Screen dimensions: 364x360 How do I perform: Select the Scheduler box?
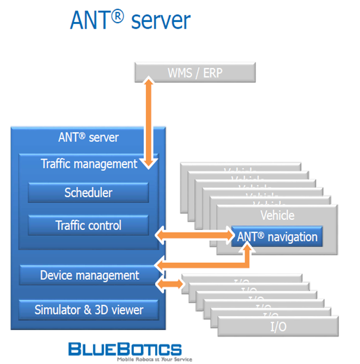click(88, 192)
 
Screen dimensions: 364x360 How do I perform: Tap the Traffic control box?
click(88, 225)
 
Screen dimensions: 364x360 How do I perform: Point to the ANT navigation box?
click(277, 237)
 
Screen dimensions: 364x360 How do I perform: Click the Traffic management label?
click(89, 163)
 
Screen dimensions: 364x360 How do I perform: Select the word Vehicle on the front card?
click(277, 215)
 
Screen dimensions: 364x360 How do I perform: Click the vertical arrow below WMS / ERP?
click(148, 125)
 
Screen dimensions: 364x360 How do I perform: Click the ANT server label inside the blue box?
click(89, 138)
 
